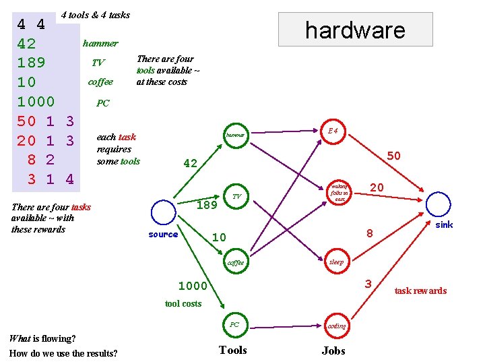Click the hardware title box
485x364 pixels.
(x=355, y=30)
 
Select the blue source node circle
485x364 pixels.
(x=162, y=212)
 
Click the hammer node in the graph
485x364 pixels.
(x=235, y=135)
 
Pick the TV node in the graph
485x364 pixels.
(x=236, y=196)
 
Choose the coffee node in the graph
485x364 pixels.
(x=236, y=262)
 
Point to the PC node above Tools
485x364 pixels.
(x=234, y=325)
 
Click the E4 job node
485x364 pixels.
(x=333, y=131)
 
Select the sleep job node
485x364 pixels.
(x=335, y=262)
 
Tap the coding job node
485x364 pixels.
(x=336, y=326)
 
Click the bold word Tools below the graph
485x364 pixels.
(x=233, y=350)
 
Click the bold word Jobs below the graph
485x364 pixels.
(x=333, y=351)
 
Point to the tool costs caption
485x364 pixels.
(x=183, y=303)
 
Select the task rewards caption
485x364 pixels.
(x=420, y=291)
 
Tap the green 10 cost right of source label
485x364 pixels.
(x=219, y=237)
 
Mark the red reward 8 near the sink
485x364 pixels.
(x=369, y=233)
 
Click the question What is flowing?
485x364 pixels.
(x=42, y=338)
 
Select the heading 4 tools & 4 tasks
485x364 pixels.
(x=95, y=15)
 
